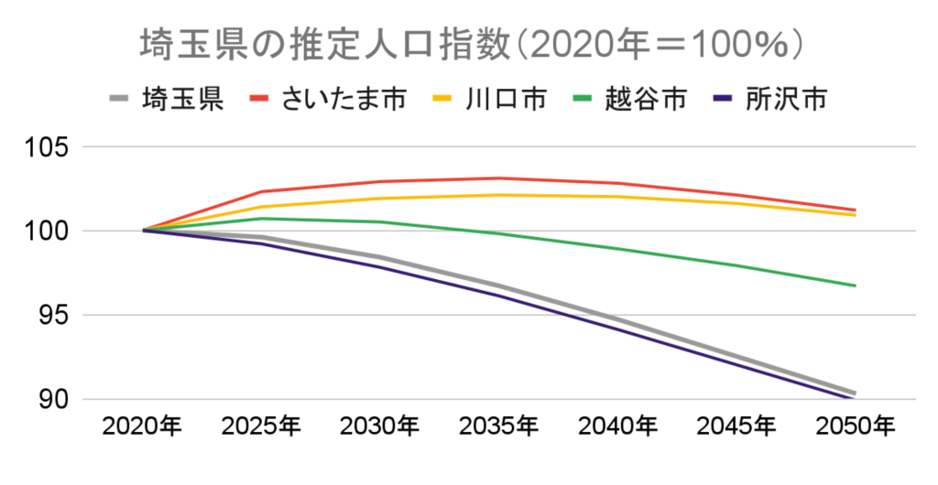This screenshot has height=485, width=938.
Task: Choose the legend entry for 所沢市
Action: (x=785, y=98)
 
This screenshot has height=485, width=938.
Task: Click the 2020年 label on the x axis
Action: (x=143, y=426)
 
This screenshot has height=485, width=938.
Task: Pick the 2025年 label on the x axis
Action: (x=262, y=426)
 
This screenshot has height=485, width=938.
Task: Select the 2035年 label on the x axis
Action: (x=499, y=426)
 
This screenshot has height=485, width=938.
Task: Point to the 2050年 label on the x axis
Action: (x=856, y=426)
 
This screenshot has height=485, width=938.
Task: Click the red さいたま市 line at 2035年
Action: (x=499, y=178)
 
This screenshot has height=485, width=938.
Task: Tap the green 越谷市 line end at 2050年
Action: (x=855, y=286)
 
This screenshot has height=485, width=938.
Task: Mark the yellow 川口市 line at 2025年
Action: (x=262, y=207)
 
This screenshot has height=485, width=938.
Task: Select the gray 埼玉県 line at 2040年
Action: (x=618, y=320)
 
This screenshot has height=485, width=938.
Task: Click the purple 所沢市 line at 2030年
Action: (x=381, y=267)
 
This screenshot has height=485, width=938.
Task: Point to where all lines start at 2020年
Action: (x=144, y=231)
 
